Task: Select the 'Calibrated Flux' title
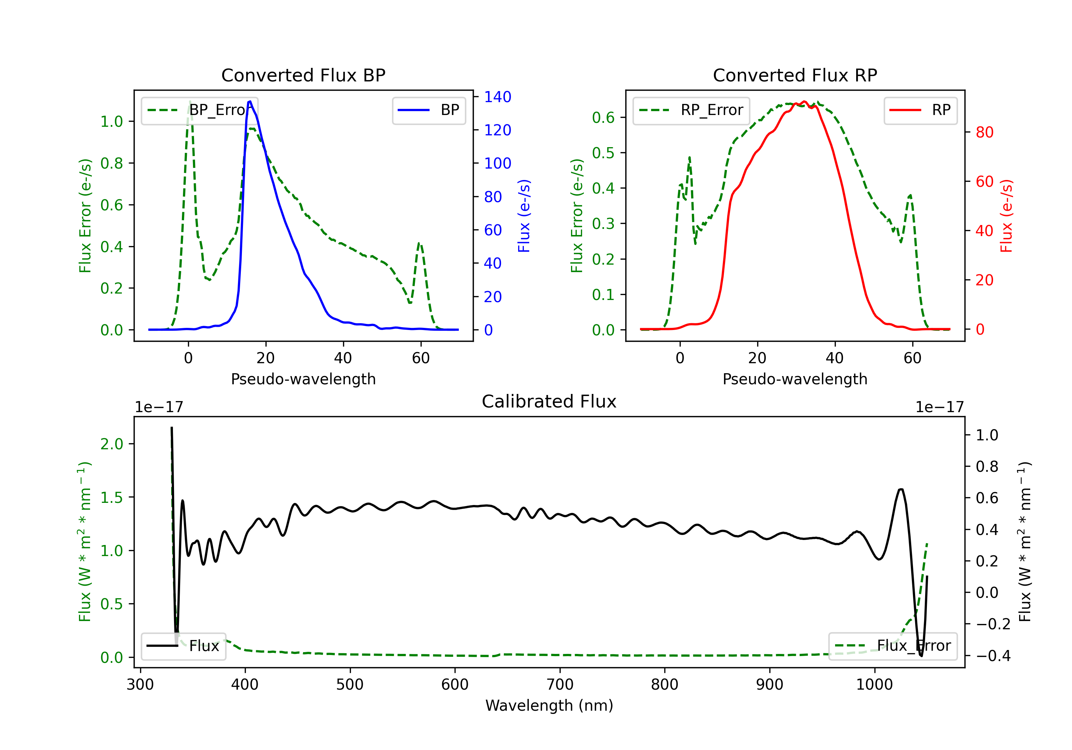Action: point(549,402)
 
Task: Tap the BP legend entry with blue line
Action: point(428,110)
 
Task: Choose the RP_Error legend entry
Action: point(691,110)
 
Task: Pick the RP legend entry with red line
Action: point(920,110)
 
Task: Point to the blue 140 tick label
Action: point(498,97)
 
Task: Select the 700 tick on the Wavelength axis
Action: point(560,685)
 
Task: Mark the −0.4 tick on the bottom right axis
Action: point(993,656)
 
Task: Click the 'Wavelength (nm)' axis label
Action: point(549,706)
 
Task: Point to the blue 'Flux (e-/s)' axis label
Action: point(524,216)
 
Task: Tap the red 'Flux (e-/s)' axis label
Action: point(1007,216)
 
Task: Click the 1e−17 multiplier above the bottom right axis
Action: point(939,407)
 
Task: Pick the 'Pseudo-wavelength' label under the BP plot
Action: point(303,379)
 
